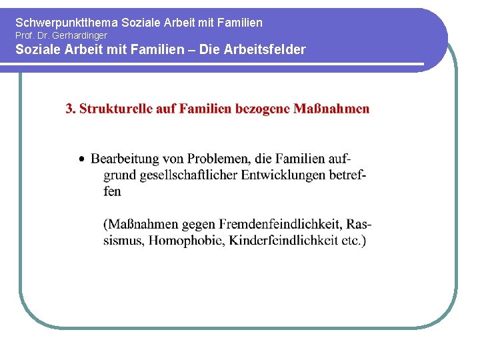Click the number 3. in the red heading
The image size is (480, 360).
click(71, 109)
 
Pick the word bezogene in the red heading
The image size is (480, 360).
click(262, 109)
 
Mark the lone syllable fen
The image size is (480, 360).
click(112, 191)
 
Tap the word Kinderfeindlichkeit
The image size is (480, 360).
click(283, 240)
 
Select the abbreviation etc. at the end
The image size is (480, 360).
click(353, 240)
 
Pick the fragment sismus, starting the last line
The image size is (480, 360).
click(123, 241)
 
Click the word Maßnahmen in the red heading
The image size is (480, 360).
click(331, 109)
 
